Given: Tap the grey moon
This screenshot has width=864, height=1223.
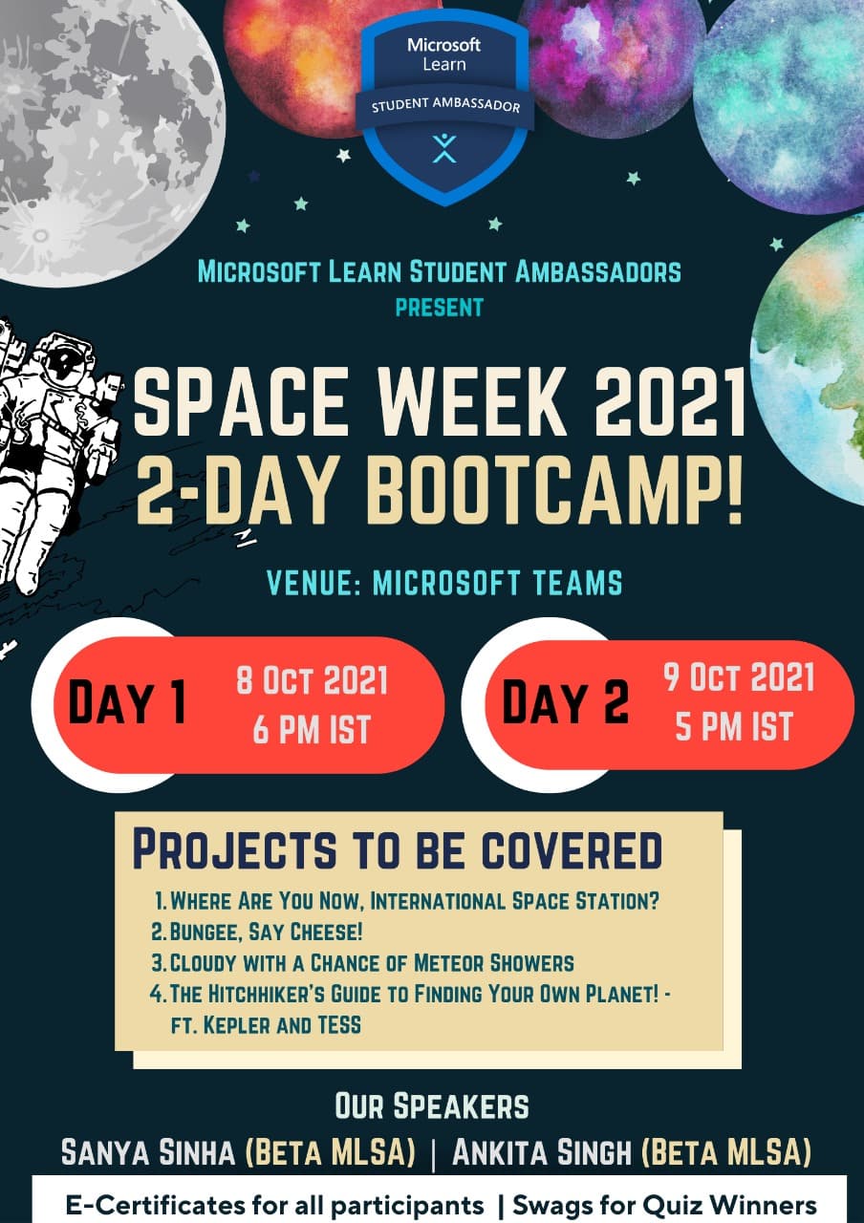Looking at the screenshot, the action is [x=104, y=137].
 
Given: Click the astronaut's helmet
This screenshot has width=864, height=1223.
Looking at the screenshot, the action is [x=64, y=363].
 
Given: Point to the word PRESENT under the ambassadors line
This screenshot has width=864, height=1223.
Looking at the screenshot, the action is [x=440, y=308].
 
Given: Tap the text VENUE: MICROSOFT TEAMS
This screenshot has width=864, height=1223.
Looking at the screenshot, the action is [x=444, y=583].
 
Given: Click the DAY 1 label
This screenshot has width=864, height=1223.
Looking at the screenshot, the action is [x=127, y=702].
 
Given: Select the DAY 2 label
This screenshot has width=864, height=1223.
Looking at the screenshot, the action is [x=565, y=701].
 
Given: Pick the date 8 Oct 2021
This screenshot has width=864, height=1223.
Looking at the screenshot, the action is [x=312, y=680].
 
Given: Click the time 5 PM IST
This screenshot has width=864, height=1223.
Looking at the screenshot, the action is [x=733, y=727].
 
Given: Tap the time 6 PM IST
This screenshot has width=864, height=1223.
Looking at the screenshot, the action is [x=312, y=730].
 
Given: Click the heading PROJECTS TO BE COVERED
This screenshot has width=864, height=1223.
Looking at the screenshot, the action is [x=398, y=850].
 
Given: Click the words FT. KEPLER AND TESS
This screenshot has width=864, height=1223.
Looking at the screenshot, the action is [x=266, y=1025].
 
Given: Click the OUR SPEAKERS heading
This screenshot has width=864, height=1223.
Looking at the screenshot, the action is [x=431, y=1105].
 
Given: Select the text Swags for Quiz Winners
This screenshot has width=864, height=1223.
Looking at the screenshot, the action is [x=664, y=1204].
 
